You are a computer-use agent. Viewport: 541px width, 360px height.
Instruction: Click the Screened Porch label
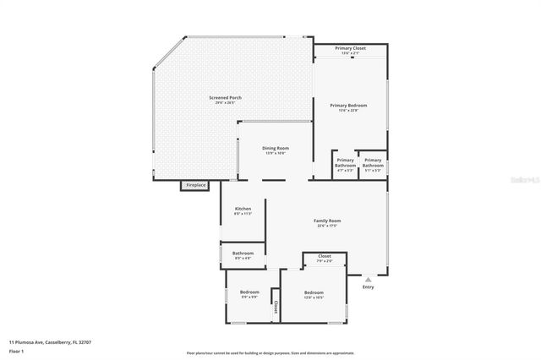tap(225, 99)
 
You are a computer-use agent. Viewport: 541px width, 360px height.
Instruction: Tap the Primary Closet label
tap(350, 49)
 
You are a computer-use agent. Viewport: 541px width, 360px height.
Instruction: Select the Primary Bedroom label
tap(347, 106)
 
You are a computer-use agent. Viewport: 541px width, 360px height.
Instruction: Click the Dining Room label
tap(276, 149)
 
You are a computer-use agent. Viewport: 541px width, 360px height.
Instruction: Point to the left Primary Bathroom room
tap(345, 162)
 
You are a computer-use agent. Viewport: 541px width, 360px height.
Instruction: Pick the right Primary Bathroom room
tap(373, 162)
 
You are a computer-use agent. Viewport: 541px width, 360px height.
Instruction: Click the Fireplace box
tap(195, 185)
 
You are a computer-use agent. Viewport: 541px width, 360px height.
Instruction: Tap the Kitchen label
tap(243, 210)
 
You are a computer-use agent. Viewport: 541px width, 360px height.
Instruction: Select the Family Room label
tap(327, 221)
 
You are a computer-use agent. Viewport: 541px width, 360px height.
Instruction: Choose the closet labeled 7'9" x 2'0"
tap(325, 257)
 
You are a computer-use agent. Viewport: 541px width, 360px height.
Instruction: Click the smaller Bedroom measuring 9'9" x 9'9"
tap(249, 293)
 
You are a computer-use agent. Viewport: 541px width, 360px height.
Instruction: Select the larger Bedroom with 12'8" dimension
tap(314, 295)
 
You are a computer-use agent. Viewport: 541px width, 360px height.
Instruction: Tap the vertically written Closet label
tap(276, 308)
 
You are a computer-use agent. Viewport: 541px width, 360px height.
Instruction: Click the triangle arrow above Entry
tap(368, 277)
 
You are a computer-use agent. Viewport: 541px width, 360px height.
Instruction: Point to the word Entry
tap(368, 286)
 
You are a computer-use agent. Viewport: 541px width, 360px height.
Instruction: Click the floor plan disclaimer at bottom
tap(270, 352)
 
